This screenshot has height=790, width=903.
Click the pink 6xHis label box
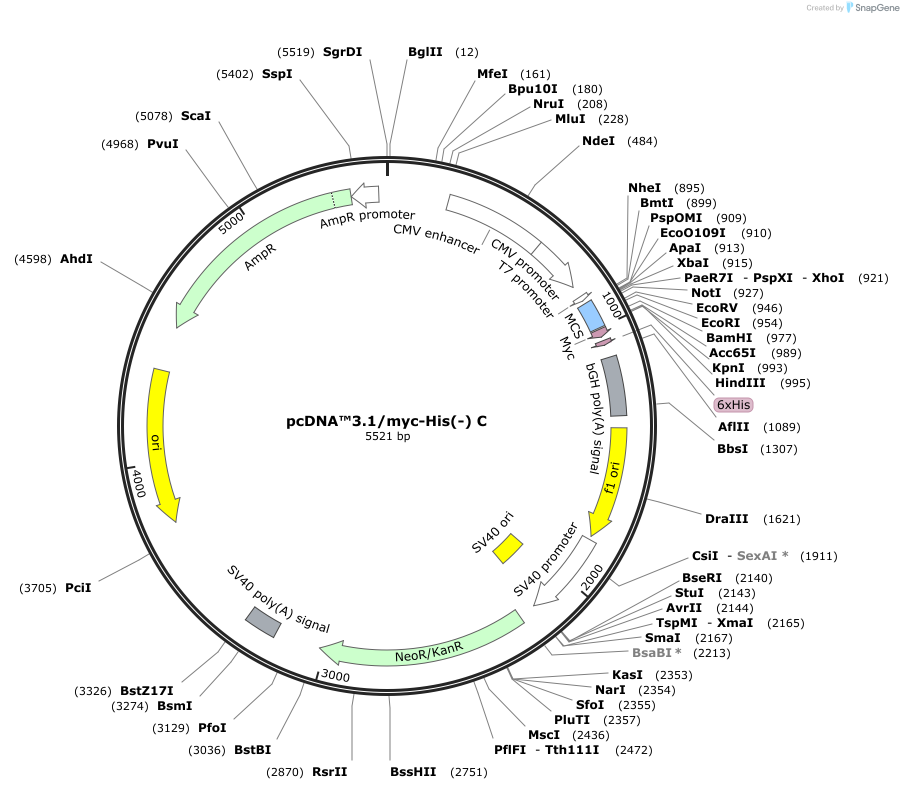733,404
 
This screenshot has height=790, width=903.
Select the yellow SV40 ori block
507,548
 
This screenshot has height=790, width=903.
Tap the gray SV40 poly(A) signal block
263,621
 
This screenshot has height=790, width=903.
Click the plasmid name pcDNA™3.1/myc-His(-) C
386,421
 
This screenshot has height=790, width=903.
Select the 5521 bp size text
387,436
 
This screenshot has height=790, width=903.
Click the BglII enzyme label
425,52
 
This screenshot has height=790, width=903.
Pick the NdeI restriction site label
598,141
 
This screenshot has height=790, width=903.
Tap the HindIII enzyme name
740,383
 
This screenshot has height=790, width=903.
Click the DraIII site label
726,519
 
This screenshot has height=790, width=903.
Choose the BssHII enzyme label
413,772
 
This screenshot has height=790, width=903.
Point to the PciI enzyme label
78,588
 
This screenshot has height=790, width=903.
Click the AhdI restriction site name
76,259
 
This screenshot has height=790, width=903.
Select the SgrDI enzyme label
342,52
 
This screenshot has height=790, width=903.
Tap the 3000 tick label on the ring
335,675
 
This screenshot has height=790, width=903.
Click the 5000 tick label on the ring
231,223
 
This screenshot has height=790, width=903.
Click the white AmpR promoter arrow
365,196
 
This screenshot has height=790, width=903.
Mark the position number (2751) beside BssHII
469,772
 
